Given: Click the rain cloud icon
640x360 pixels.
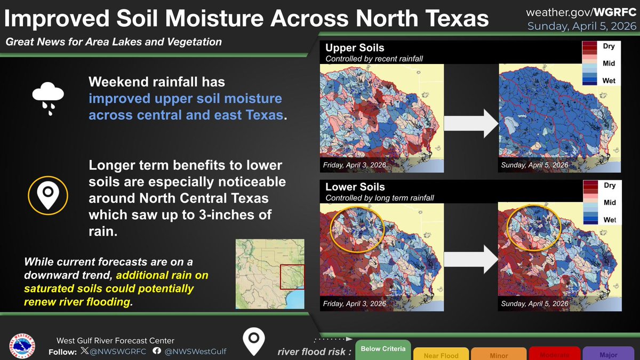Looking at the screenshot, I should click(x=48, y=99).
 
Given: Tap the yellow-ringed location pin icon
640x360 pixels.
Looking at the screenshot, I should click(x=48, y=195).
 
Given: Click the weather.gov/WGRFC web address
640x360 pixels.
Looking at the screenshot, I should click(x=581, y=12).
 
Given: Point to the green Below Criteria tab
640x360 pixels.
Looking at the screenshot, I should click(x=382, y=349).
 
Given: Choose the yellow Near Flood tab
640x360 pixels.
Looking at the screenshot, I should click(x=441, y=354).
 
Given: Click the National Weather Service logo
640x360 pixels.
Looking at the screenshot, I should click(x=23, y=346).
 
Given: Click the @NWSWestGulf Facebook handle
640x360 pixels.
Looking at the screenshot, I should click(x=195, y=351).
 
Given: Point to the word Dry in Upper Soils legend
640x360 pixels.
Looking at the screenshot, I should click(x=609, y=46).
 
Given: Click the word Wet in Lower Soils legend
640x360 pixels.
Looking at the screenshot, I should click(x=609, y=220).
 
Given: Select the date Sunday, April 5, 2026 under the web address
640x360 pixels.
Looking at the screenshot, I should click(x=581, y=27).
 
